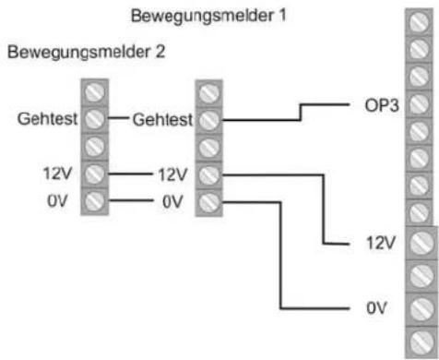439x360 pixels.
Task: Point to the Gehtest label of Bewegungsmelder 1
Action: pyautogui.click(x=162, y=119)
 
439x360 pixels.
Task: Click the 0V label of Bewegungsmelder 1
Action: pyautogui.click(x=173, y=200)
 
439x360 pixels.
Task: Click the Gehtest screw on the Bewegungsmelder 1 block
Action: pyautogui.click(x=209, y=119)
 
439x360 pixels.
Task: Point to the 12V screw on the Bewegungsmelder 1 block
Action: pyautogui.click(x=209, y=173)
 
